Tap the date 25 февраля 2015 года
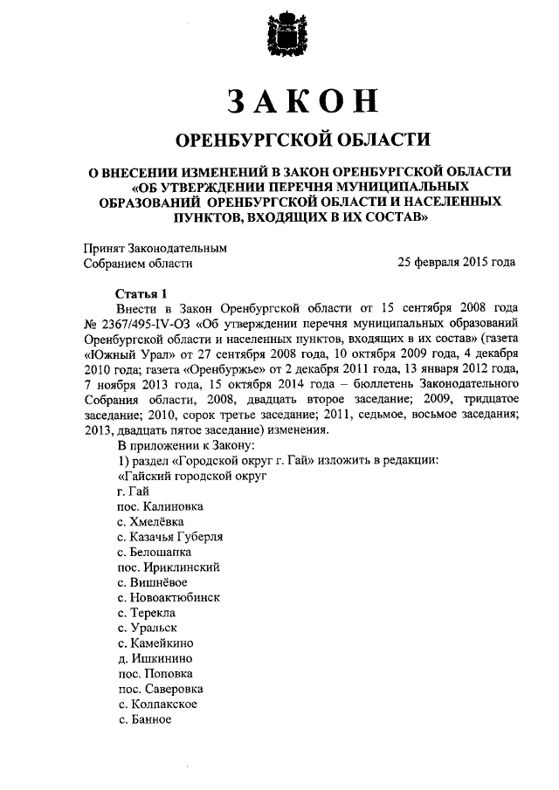[456, 262]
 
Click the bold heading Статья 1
[140, 293]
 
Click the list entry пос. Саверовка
[162, 689]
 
